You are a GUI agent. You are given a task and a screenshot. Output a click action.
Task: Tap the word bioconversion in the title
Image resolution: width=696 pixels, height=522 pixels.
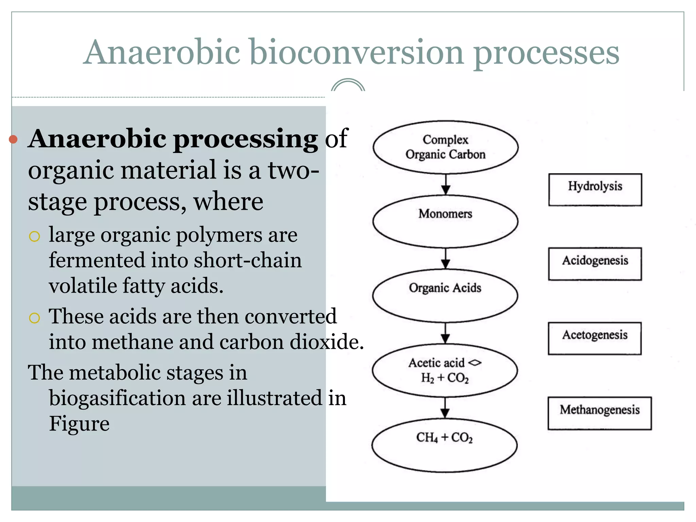pos(357,53)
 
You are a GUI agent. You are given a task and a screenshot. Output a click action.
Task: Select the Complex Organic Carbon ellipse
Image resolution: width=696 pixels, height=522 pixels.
pos(445,147)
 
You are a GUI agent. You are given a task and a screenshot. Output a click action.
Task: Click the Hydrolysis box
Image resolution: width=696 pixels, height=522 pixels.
pos(595,190)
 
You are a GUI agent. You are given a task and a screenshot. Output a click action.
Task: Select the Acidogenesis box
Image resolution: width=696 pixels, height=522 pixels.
pos(595,264)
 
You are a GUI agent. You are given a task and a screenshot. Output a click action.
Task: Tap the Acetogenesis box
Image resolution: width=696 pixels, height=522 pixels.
pos(594,338)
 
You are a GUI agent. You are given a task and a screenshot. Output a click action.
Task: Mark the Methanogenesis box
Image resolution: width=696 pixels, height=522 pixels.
pos(599,413)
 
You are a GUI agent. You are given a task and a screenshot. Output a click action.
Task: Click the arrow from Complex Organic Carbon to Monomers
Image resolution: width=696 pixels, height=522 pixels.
pos(446,185)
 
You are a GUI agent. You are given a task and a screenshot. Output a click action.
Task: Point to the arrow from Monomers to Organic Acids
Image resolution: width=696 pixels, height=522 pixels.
pos(446,259)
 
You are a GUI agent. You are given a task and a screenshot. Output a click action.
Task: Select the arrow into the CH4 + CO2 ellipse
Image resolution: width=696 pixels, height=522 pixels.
pos(445,408)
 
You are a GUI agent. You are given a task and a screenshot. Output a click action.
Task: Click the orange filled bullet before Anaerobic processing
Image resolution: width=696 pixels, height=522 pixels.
pos(13,139)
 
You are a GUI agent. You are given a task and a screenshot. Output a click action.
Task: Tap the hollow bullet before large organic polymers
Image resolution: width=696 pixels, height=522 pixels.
pos(34,236)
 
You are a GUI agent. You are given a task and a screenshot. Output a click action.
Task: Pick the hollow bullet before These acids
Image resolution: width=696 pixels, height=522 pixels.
pos(34,318)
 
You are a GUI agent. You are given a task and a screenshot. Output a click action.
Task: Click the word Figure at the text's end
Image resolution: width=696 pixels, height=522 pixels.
pos(79,423)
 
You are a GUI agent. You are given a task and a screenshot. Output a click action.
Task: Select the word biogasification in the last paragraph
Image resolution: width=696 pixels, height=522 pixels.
pos(117,398)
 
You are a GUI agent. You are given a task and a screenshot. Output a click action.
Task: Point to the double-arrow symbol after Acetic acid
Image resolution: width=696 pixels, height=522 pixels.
pos(475,363)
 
